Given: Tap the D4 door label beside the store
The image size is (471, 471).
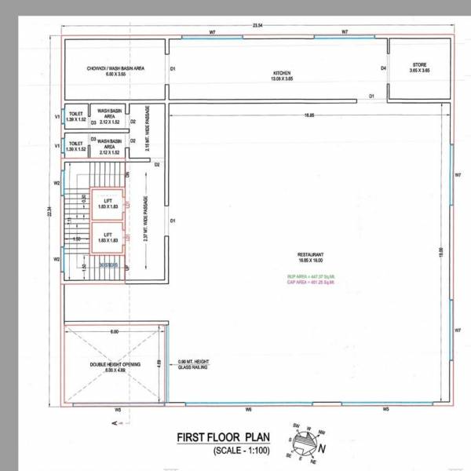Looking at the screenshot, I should (x=384, y=69).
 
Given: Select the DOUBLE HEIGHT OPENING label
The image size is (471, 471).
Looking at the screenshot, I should (x=115, y=368).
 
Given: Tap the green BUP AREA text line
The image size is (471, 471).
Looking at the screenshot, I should (x=310, y=277).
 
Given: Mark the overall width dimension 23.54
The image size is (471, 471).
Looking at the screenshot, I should (x=257, y=26).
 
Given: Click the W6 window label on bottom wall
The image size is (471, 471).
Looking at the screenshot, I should (x=246, y=410).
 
